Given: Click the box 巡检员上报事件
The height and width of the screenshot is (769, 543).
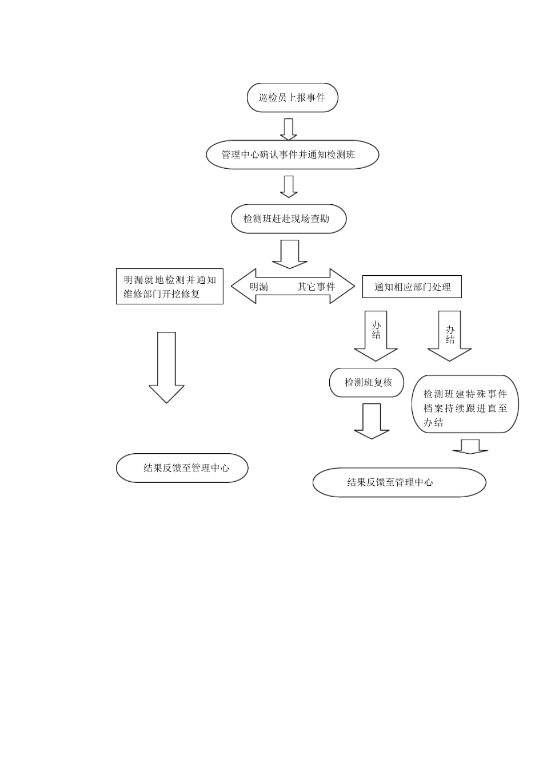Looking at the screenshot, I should pyautogui.click(x=292, y=98).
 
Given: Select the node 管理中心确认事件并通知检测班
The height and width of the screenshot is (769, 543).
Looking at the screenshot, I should pyautogui.click(x=292, y=155).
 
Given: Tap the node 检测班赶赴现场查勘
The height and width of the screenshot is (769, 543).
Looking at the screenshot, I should pyautogui.click(x=288, y=219).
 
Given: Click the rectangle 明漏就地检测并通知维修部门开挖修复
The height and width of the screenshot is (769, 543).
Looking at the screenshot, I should pyautogui.click(x=169, y=287).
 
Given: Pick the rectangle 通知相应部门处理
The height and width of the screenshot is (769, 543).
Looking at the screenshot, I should pyautogui.click(x=412, y=287).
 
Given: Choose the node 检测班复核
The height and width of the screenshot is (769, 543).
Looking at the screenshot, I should pyautogui.click(x=367, y=383).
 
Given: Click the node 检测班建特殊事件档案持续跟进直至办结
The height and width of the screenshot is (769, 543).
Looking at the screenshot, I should pyautogui.click(x=465, y=404).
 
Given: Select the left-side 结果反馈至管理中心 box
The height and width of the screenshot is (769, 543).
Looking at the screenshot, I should pyautogui.click(x=182, y=468).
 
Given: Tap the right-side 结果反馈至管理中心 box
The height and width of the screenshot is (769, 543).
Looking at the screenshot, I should pyautogui.click(x=399, y=482).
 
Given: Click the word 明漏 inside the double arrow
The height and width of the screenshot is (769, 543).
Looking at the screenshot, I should pyautogui.click(x=259, y=287).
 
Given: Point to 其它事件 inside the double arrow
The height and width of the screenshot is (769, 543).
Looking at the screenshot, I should pyautogui.click(x=316, y=287).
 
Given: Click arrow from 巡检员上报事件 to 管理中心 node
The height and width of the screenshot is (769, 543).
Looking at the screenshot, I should pyautogui.click(x=289, y=129).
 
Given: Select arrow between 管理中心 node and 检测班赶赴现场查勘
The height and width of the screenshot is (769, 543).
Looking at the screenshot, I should pyautogui.click(x=289, y=187).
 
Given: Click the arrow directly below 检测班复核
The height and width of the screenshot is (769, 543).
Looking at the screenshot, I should pyautogui.click(x=372, y=421).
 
